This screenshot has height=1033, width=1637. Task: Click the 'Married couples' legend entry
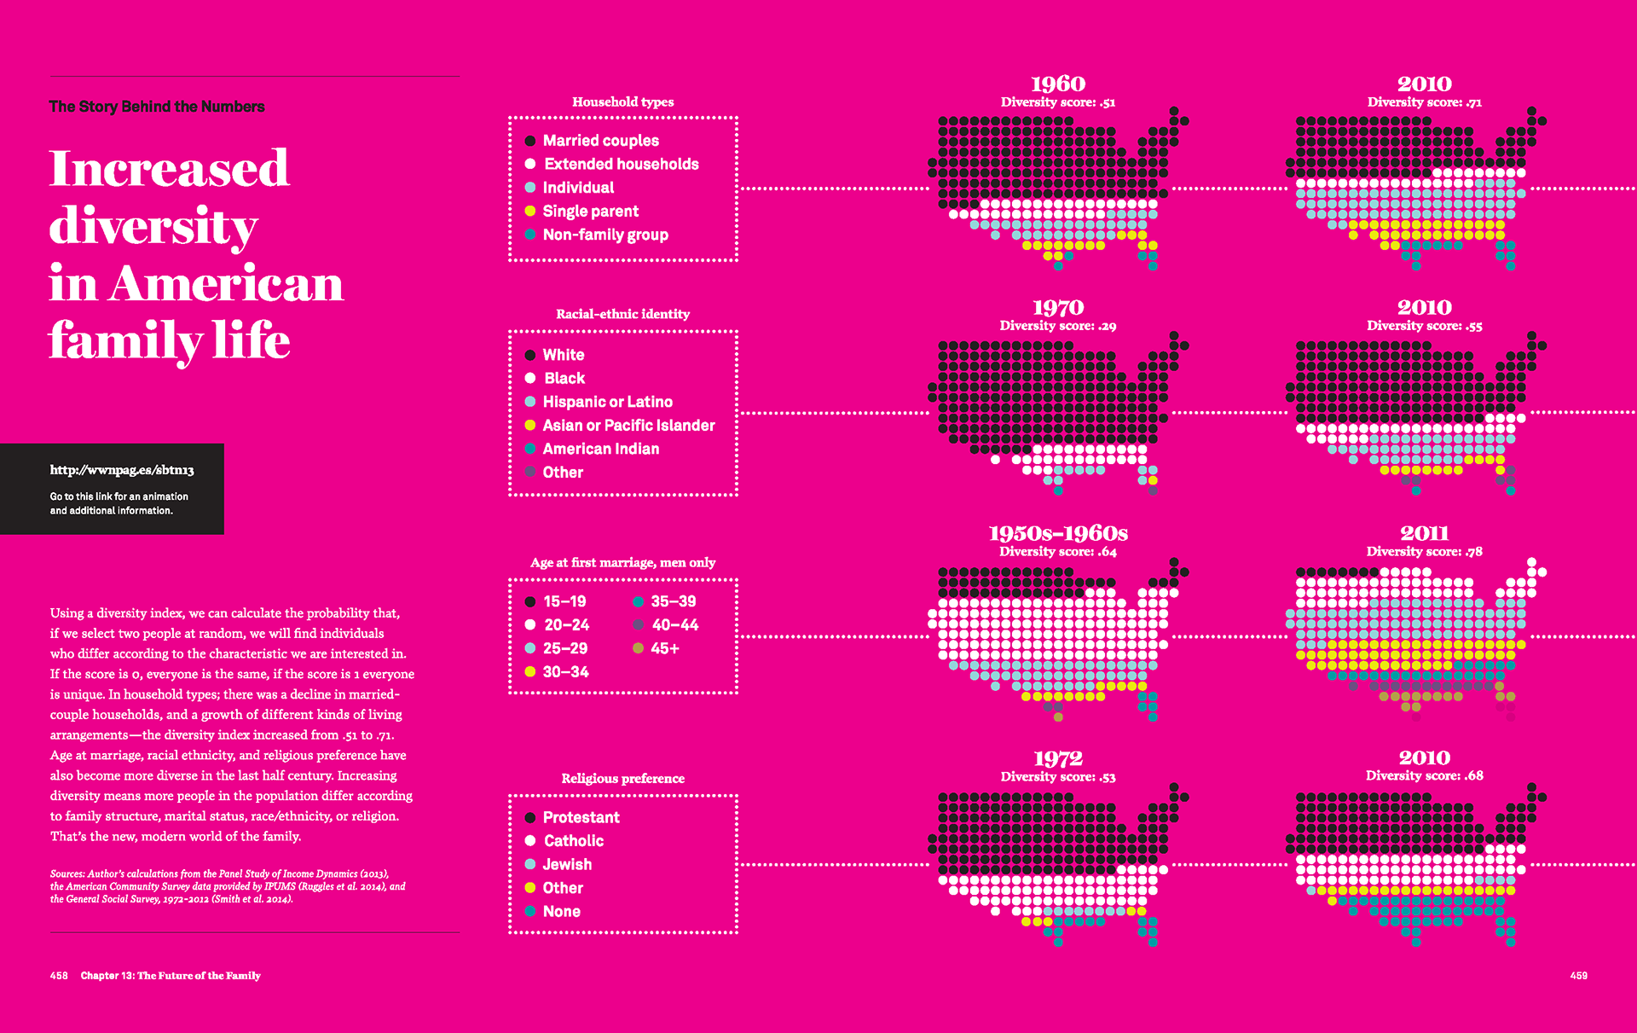[x=600, y=141]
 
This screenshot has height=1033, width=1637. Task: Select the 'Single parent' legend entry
[x=590, y=212]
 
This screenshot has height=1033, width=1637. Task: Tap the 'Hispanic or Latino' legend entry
[x=607, y=402]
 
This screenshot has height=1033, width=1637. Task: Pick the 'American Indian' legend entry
[x=600, y=449]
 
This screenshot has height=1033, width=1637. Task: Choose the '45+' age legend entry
[x=664, y=648]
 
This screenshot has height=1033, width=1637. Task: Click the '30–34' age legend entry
[x=565, y=672]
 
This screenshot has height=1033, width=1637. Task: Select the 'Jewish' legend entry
[x=567, y=864]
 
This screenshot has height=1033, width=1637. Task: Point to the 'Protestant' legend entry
[x=581, y=817]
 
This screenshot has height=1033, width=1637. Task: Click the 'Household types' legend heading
[x=622, y=102]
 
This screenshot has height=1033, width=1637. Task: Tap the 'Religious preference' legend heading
[x=622, y=778]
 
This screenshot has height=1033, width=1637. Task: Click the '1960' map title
[x=1058, y=84]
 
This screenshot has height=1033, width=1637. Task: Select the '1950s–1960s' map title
[x=1058, y=533]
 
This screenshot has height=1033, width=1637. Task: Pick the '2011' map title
[x=1424, y=533]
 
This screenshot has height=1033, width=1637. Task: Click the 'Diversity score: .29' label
[x=1058, y=326]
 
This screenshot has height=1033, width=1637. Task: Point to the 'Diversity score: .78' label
[x=1424, y=552]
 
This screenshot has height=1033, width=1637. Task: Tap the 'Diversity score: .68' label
[x=1424, y=775]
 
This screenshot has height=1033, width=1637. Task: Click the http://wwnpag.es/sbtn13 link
[x=122, y=470]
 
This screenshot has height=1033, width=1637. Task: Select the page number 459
[x=1578, y=975]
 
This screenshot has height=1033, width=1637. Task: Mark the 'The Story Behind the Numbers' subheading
[x=157, y=107]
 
